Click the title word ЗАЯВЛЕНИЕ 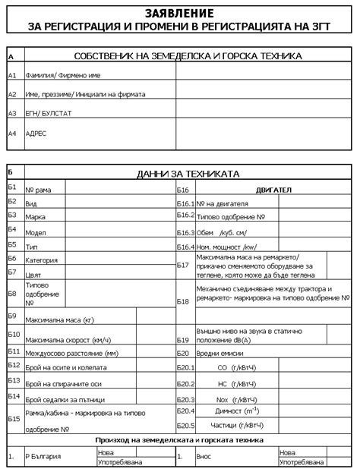[180, 13]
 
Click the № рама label [38, 189]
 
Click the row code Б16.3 [186, 233]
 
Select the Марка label [36, 217]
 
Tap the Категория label [42, 260]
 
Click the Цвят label [34, 275]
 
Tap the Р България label [43, 456]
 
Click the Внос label [204, 456]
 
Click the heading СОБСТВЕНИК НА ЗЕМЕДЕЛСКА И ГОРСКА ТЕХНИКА [188, 56]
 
